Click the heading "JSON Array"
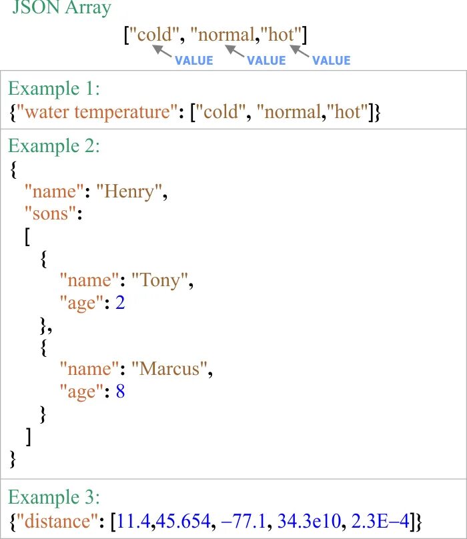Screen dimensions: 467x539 tap(62, 9)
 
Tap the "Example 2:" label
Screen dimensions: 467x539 tap(55, 146)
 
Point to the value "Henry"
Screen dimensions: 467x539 tap(131, 192)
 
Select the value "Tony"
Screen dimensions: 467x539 tap(162, 280)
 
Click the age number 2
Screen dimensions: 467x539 tap(120, 302)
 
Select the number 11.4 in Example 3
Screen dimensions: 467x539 tap(133, 518)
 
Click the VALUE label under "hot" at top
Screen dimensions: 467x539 tap(331, 61)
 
